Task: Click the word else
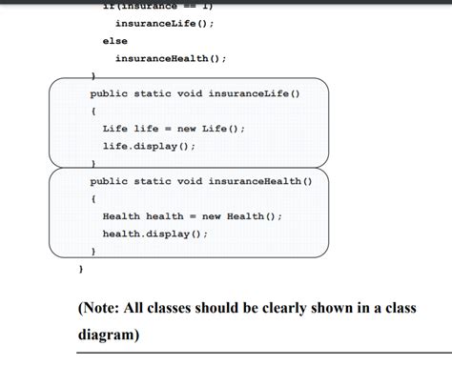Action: [x=114, y=41]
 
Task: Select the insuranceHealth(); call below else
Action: [x=171, y=58]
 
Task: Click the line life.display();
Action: [x=149, y=146]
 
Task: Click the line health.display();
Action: [x=155, y=234]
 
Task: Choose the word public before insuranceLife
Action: [x=110, y=93]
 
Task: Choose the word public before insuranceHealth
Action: [x=110, y=181]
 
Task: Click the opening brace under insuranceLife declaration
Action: [x=92, y=111]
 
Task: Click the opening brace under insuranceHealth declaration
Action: [x=92, y=198]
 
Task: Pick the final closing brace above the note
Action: [x=80, y=270]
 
